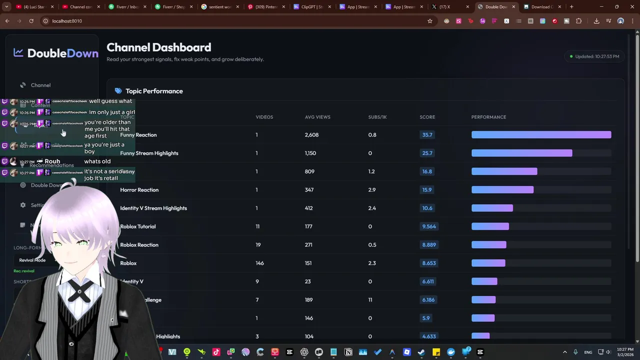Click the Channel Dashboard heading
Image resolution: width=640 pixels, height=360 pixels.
tap(158, 47)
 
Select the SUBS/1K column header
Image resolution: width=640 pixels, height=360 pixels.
tap(377, 117)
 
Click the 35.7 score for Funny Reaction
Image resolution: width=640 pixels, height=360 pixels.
tap(427, 135)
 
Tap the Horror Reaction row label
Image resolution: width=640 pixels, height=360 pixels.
tap(139, 190)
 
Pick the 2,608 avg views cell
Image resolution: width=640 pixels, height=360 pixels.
tap(311, 135)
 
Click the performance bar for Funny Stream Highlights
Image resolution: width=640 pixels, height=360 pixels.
tap(521, 153)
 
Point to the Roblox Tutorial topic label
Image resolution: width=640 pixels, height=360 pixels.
tap(138, 226)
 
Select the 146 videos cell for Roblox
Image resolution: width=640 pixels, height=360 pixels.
tap(259, 263)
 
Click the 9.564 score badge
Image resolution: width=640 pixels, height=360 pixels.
tap(428, 226)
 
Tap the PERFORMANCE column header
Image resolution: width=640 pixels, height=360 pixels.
tap(488, 117)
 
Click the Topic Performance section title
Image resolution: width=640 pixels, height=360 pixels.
tap(154, 91)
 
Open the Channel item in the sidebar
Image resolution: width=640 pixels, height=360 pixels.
tap(40, 85)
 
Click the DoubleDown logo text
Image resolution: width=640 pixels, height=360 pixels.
tap(62, 53)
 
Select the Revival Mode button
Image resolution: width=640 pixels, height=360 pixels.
tap(32, 260)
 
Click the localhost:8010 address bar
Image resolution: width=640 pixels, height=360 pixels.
tap(67, 21)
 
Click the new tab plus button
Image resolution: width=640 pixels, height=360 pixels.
tap(571, 7)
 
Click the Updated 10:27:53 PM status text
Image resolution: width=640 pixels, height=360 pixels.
tap(596, 56)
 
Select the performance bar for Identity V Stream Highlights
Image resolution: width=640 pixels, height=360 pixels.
tap(492, 208)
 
